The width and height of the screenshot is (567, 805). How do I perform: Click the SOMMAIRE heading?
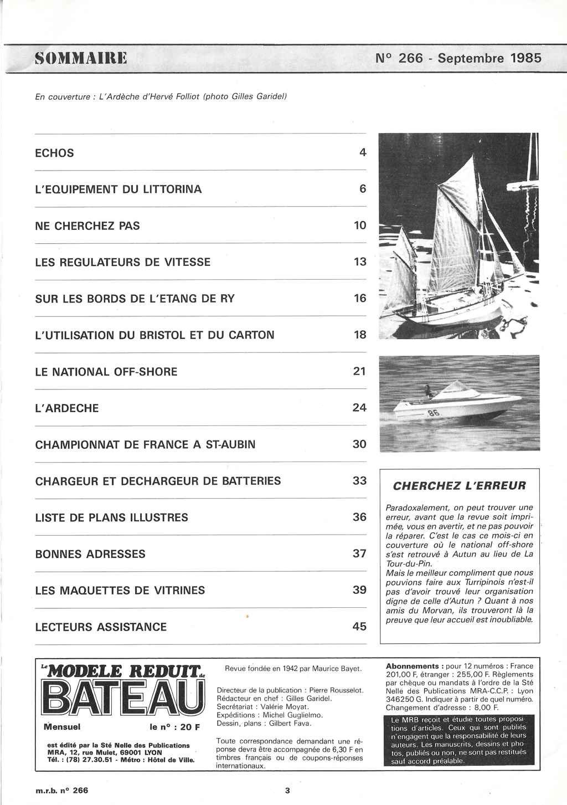click(81, 58)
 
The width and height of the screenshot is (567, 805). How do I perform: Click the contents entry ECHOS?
click(54, 153)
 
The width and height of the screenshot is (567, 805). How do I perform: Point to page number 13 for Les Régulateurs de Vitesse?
click(360, 262)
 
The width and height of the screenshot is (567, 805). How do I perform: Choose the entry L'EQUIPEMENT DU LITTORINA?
click(118, 189)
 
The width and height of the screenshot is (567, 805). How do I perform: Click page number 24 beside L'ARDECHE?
click(359, 408)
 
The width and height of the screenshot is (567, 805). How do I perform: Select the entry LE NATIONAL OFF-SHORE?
click(106, 372)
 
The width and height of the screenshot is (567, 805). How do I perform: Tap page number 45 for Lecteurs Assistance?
click(359, 627)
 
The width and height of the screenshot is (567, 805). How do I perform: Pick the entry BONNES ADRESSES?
click(90, 554)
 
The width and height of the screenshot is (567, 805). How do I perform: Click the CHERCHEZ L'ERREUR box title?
click(460, 486)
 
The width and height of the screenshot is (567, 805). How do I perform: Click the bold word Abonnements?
click(413, 666)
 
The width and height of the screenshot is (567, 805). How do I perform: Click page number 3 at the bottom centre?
click(287, 791)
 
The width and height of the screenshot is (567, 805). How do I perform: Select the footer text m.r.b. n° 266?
click(61, 791)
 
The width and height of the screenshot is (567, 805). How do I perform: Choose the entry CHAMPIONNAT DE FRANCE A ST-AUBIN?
click(145, 444)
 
